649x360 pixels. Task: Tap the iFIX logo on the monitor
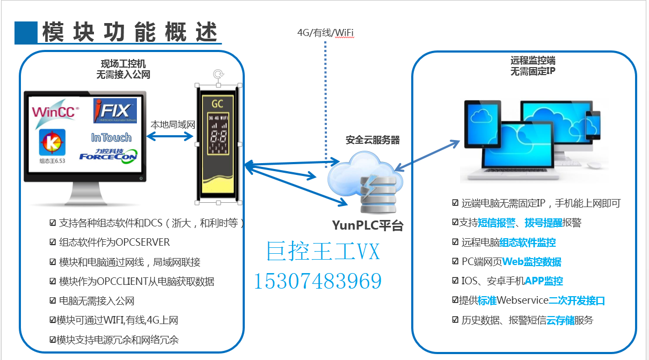tap(114, 111)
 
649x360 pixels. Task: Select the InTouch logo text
tap(111, 138)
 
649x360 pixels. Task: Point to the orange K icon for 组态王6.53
tap(53, 143)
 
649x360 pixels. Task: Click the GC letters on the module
tap(217, 103)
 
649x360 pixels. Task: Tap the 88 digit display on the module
tap(217, 136)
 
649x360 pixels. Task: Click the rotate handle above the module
tap(217, 75)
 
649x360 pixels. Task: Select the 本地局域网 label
tap(172, 124)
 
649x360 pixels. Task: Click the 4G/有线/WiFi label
tap(325, 33)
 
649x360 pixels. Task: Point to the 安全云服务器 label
tap(373, 140)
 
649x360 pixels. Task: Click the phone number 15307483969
tap(317, 281)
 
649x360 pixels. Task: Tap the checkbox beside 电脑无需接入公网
tap(53, 301)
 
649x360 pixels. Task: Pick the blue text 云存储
tap(560, 320)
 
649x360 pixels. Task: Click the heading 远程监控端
tap(533, 61)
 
